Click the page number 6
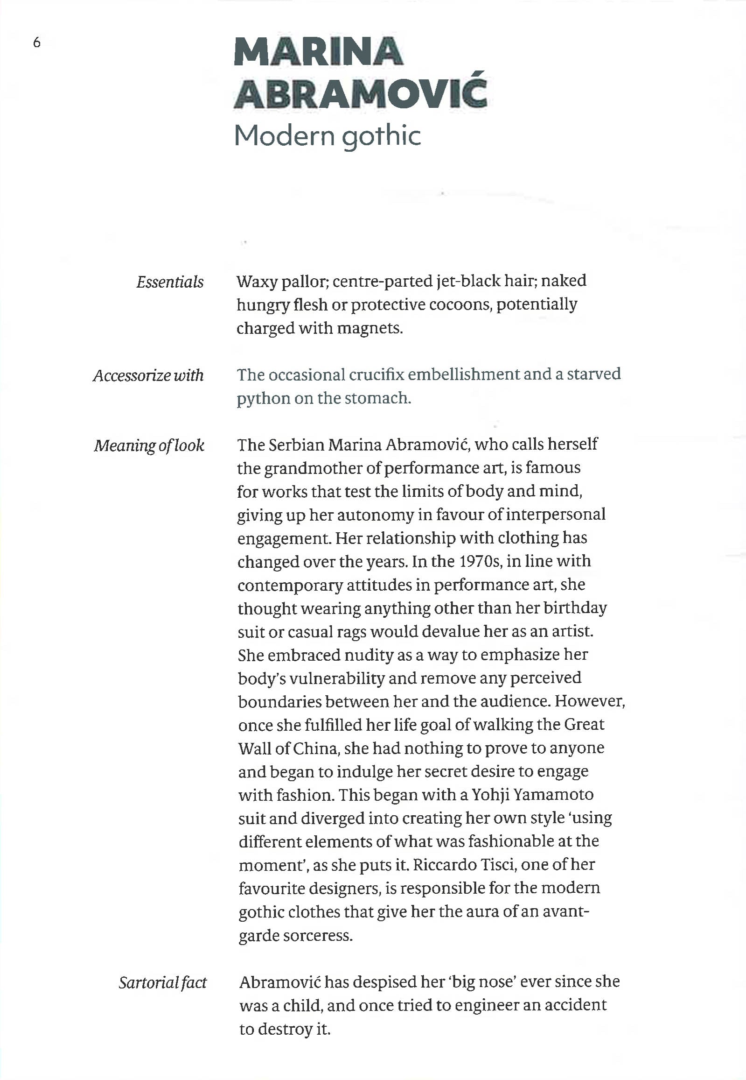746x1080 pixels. tap(37, 43)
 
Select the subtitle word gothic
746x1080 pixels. tap(381, 137)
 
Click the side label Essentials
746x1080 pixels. tap(170, 282)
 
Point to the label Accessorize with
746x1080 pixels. tap(148, 375)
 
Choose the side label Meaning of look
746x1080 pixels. tap(149, 445)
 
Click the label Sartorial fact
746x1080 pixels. tap(162, 982)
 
